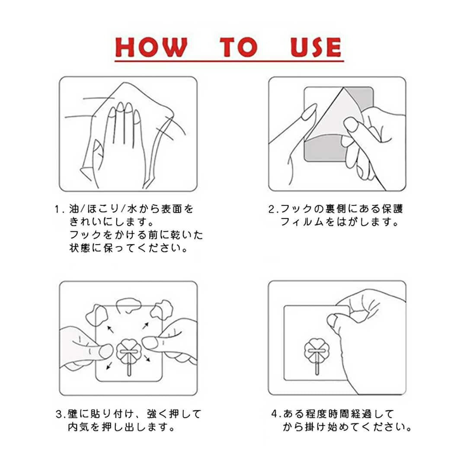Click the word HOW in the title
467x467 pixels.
click(x=151, y=47)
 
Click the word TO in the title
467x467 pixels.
click(x=239, y=47)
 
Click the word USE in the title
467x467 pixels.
click(x=316, y=47)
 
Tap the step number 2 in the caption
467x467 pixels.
click(x=272, y=209)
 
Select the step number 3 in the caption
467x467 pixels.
click(x=59, y=414)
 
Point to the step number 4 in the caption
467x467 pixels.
click(x=275, y=414)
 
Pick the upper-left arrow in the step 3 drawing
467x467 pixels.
click(x=110, y=329)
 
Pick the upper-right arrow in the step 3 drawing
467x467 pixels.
click(x=146, y=326)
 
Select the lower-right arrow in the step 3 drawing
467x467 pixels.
click(x=147, y=358)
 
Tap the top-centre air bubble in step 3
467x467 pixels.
click(x=129, y=305)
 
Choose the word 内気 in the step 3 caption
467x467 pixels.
click(x=79, y=427)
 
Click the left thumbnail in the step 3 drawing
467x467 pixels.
click(x=106, y=351)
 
